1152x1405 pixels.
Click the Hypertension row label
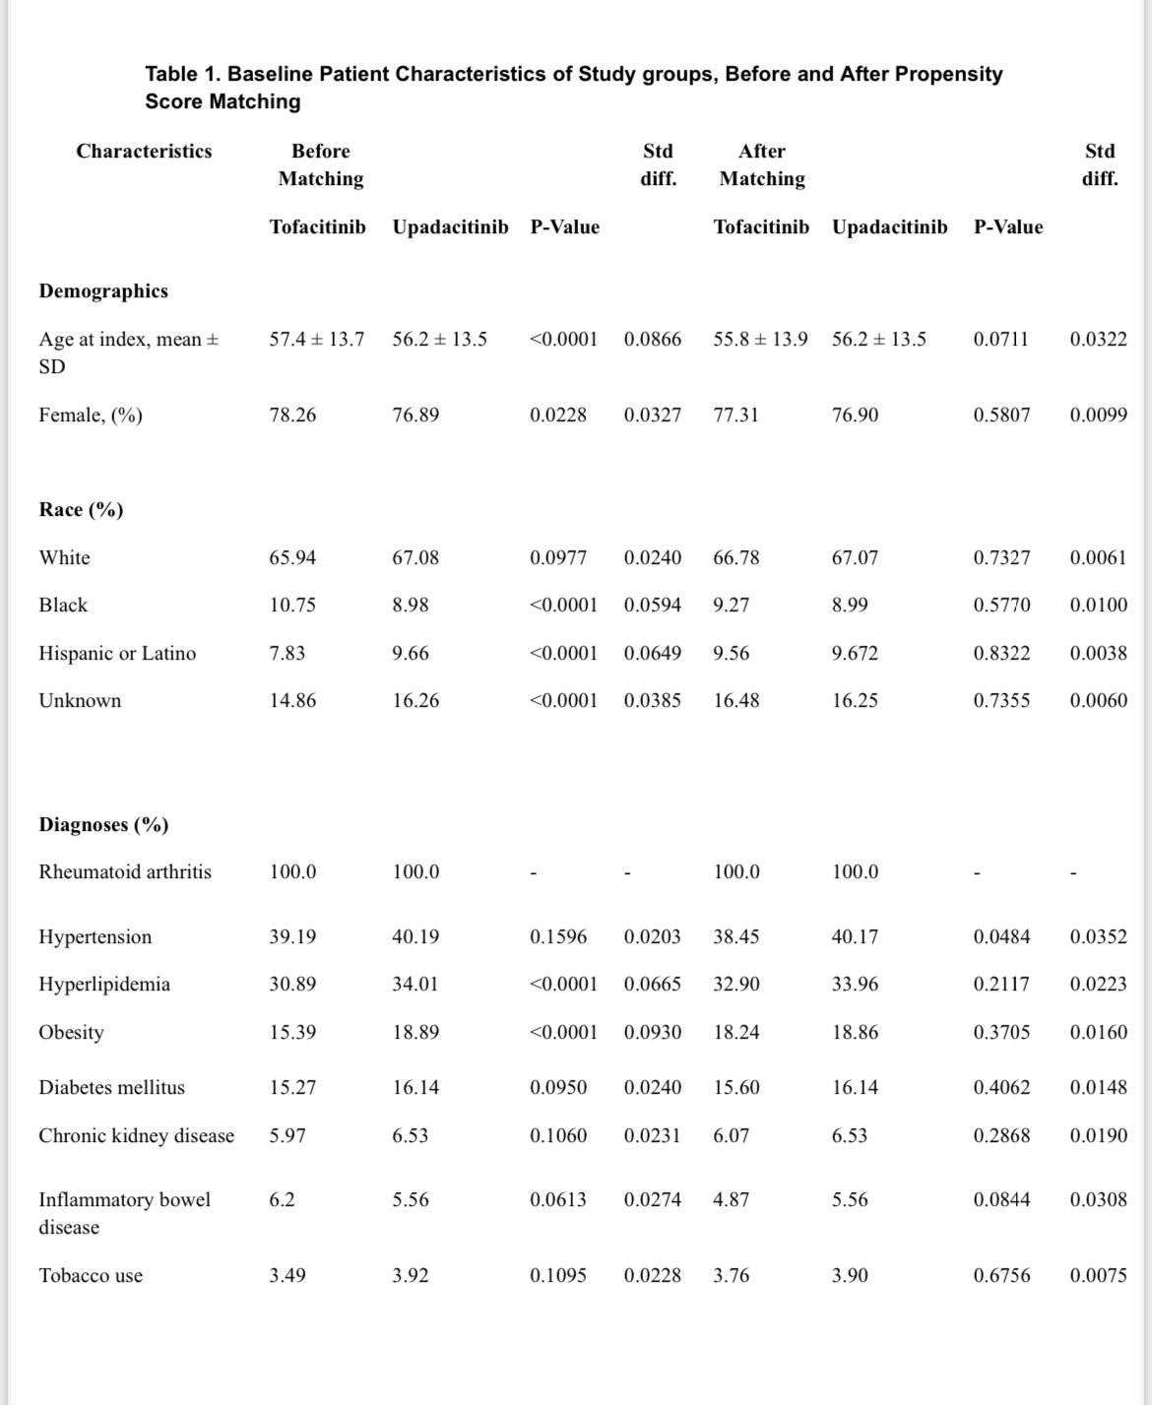95,936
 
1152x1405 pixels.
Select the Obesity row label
71,1032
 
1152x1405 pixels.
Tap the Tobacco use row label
91,1275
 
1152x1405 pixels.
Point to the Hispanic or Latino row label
117,653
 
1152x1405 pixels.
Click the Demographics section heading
103,290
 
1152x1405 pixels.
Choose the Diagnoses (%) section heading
103,824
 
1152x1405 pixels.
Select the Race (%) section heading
81,509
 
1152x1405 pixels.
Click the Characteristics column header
144,151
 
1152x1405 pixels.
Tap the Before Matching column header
320,164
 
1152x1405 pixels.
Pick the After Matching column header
762,164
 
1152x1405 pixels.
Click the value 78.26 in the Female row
292,415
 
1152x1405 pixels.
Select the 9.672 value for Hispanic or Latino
855,653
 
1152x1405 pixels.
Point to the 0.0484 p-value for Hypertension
1001,936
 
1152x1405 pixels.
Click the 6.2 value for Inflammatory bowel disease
282,1199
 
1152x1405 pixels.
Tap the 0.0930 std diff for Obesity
652,1032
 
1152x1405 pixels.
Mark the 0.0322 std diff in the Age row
1098,339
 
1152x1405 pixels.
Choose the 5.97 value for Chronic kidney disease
288,1135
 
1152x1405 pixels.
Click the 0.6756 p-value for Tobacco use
1001,1275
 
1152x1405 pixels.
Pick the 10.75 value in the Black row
292,605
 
